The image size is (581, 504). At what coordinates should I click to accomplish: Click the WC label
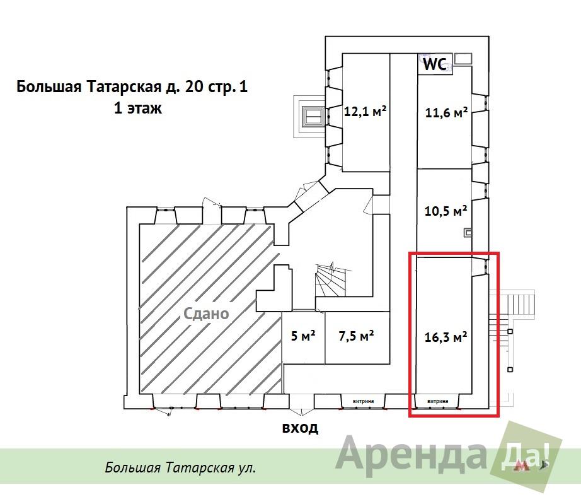coord(435,64)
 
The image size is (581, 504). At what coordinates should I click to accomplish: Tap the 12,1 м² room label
coord(365,111)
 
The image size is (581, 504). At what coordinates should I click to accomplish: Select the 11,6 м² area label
coord(446,112)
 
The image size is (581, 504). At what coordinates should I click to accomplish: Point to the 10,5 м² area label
coord(446,211)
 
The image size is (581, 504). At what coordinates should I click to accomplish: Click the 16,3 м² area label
coord(446,337)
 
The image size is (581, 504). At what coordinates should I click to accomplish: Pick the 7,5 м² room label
coord(356,336)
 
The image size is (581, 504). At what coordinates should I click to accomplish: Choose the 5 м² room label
coord(303,336)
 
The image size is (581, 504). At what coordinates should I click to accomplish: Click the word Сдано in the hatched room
coord(207,314)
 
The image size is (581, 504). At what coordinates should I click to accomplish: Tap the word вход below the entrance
coord(300,428)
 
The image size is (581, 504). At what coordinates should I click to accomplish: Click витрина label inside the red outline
coord(437,401)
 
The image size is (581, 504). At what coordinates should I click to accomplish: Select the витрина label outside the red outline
coord(363,401)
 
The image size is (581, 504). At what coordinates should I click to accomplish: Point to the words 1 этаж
coord(138,108)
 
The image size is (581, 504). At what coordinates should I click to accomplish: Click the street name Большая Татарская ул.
coord(180,467)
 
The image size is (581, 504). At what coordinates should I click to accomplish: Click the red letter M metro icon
coord(521,466)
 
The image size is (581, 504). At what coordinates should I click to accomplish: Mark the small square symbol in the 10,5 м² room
coord(468,233)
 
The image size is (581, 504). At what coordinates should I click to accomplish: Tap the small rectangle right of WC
coord(463,58)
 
